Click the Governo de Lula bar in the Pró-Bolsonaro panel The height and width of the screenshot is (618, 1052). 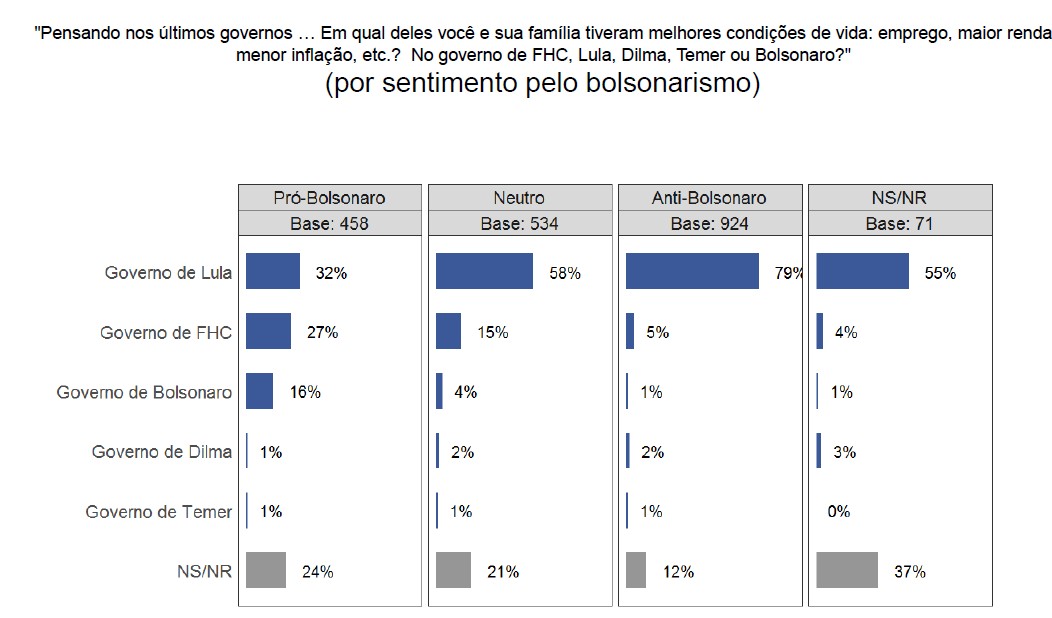click(x=272, y=271)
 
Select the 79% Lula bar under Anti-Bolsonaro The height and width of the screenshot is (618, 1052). click(x=692, y=271)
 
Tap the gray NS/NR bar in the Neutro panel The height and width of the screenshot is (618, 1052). click(x=453, y=570)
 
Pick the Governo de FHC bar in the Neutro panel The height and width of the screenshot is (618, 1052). click(x=448, y=331)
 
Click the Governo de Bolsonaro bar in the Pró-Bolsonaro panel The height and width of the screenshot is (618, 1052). click(x=259, y=391)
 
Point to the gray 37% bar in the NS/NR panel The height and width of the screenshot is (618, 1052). click(x=847, y=570)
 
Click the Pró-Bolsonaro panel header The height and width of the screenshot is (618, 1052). click(x=329, y=198)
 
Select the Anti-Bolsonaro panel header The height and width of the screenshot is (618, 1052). click(x=710, y=198)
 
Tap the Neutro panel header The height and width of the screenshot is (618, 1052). click(x=519, y=198)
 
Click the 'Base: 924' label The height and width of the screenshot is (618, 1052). click(x=710, y=223)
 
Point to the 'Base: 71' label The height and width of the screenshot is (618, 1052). click(x=899, y=223)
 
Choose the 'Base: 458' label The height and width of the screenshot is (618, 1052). click(x=329, y=223)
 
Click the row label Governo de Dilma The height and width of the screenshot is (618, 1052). click(x=162, y=451)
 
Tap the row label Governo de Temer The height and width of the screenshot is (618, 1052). click(x=159, y=511)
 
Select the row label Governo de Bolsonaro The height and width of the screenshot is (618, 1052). click(x=144, y=392)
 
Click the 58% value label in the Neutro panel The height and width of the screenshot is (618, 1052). click(x=565, y=273)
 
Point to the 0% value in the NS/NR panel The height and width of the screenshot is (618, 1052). click(x=838, y=512)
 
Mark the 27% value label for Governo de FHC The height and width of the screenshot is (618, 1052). click(x=322, y=333)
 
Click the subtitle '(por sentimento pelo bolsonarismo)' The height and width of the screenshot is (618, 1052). click(x=543, y=83)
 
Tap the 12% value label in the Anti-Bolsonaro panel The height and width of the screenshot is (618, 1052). click(x=678, y=572)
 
